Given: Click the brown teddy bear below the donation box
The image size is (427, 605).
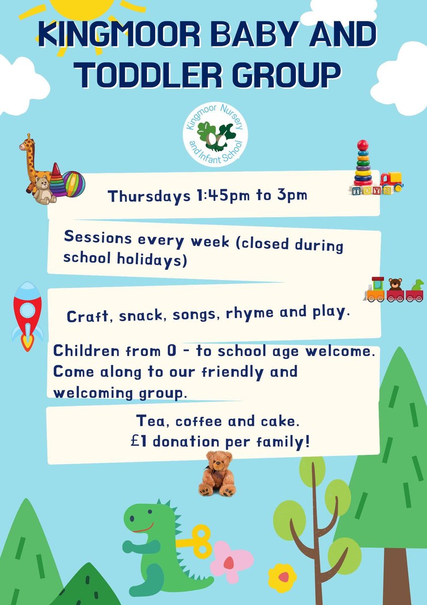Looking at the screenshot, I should [x=217, y=474].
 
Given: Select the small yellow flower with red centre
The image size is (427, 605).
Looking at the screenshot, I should [x=282, y=577].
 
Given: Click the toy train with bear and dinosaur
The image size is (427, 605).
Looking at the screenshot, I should [x=394, y=290].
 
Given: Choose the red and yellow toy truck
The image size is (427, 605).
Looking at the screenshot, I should [x=391, y=181].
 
